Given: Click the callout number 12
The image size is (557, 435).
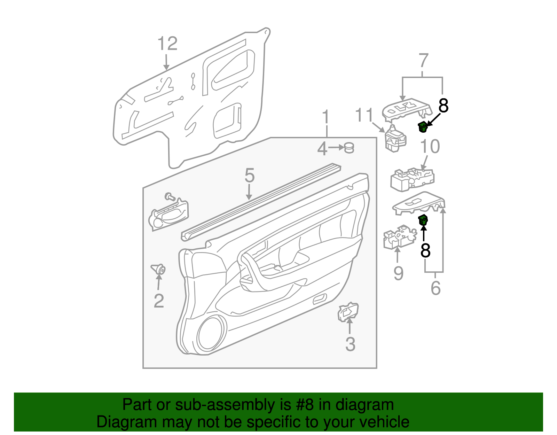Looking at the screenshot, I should point(167,44).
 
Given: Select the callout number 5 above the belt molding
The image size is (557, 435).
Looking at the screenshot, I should point(250,176).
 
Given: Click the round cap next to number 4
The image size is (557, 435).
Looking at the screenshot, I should point(349,148).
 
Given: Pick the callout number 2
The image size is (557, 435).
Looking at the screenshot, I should point(159,301).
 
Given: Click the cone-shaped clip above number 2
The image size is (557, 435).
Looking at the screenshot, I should point(159,269).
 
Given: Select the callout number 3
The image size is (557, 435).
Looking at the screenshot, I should point(350,344).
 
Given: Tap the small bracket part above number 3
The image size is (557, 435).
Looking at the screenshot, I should point(348,311).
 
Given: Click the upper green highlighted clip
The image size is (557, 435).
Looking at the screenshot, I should point(423,127).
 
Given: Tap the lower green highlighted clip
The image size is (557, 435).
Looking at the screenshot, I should point(423,220).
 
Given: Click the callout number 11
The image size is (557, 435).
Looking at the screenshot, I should point(364,115).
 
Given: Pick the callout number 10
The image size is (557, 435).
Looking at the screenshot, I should point(430,147).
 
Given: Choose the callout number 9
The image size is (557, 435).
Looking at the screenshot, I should point(398,273).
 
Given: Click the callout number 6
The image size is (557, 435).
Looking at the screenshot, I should point(436,288).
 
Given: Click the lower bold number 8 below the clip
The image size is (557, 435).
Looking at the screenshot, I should point(425,250).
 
